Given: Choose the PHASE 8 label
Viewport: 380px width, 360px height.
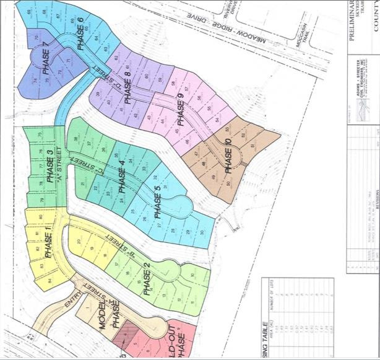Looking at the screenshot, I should (127, 87).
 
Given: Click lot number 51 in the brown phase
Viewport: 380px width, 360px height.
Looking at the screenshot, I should (251, 146).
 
